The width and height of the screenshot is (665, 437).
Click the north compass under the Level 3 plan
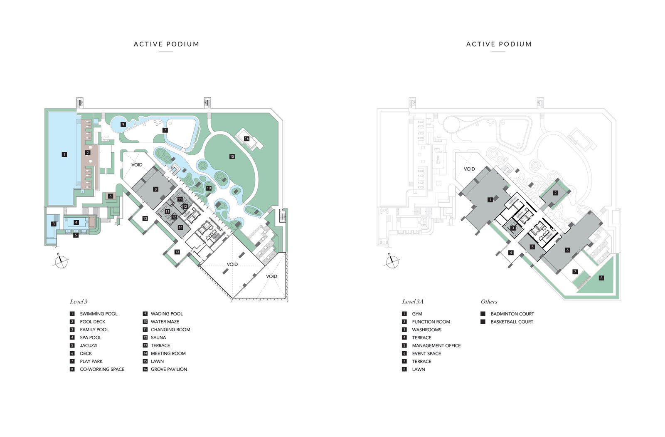[x=62, y=261]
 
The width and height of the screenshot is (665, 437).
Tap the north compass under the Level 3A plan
[x=392, y=261]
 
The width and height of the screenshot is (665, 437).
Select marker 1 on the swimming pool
[x=64, y=154]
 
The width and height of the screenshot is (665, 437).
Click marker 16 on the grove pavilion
[x=246, y=139]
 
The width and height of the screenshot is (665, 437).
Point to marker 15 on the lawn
[x=232, y=156]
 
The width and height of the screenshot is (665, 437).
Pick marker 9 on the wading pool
[x=123, y=124]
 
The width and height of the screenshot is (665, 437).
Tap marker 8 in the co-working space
[x=155, y=189]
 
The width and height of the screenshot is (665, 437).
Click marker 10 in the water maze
[x=209, y=188]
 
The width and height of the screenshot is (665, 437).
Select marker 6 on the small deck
[x=111, y=196]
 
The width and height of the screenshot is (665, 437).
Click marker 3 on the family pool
[x=54, y=224]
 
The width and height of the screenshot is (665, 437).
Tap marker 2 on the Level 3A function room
[x=555, y=193]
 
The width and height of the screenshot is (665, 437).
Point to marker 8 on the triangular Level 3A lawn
[x=601, y=278]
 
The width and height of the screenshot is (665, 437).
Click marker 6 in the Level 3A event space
[x=567, y=250]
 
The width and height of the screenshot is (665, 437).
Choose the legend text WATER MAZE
[x=165, y=322]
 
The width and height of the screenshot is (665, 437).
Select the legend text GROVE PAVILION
[x=169, y=369]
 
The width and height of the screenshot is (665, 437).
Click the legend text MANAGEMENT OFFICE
[x=436, y=345]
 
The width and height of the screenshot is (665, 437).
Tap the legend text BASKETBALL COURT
[x=512, y=322]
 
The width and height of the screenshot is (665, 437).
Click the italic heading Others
[x=489, y=302]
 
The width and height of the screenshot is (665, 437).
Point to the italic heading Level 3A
[x=413, y=302]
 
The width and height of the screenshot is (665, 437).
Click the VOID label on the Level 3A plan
[x=469, y=169]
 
